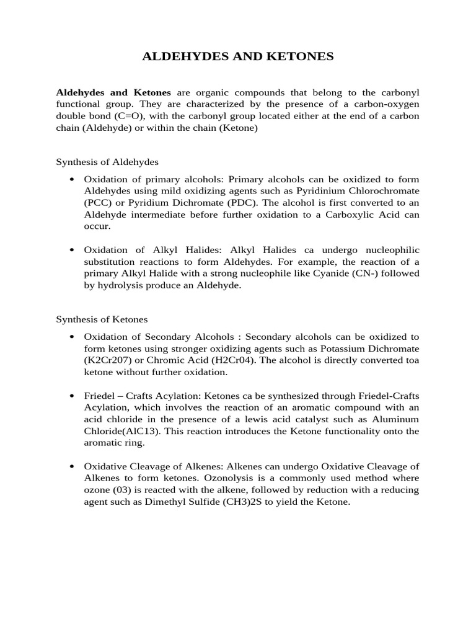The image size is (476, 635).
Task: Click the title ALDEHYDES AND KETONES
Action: point(238,56)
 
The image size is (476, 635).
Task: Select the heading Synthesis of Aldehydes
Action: point(107,162)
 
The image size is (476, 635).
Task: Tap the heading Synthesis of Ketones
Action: point(102,319)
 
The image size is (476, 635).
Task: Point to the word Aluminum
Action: point(393,419)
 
